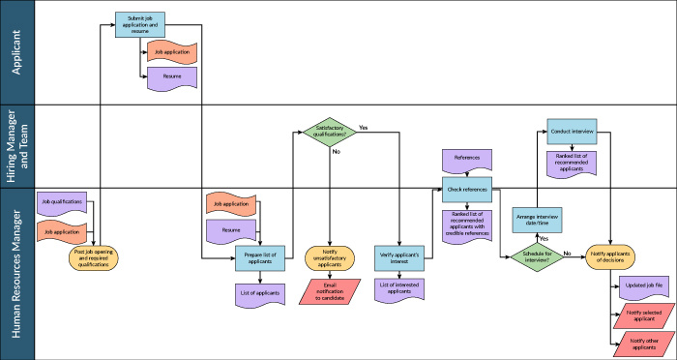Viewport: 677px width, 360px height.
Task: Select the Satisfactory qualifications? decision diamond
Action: (329, 132)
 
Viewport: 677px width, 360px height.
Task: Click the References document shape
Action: (467, 157)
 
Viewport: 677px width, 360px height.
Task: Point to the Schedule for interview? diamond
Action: (537, 256)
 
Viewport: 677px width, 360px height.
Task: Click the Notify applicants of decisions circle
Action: (614, 256)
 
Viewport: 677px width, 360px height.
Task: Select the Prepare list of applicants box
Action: (258, 257)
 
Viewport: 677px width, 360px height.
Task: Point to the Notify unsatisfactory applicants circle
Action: (329, 257)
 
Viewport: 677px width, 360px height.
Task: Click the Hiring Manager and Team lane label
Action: (16, 146)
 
